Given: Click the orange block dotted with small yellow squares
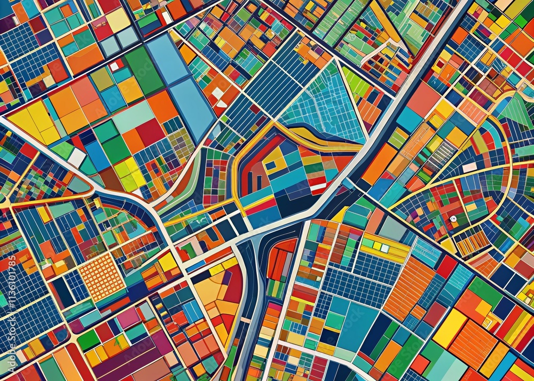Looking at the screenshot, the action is coord(101,276).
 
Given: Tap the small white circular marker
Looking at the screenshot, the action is coord(453,219).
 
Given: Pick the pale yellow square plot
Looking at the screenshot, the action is coord(118,20).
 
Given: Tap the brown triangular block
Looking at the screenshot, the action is coord(110,179).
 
